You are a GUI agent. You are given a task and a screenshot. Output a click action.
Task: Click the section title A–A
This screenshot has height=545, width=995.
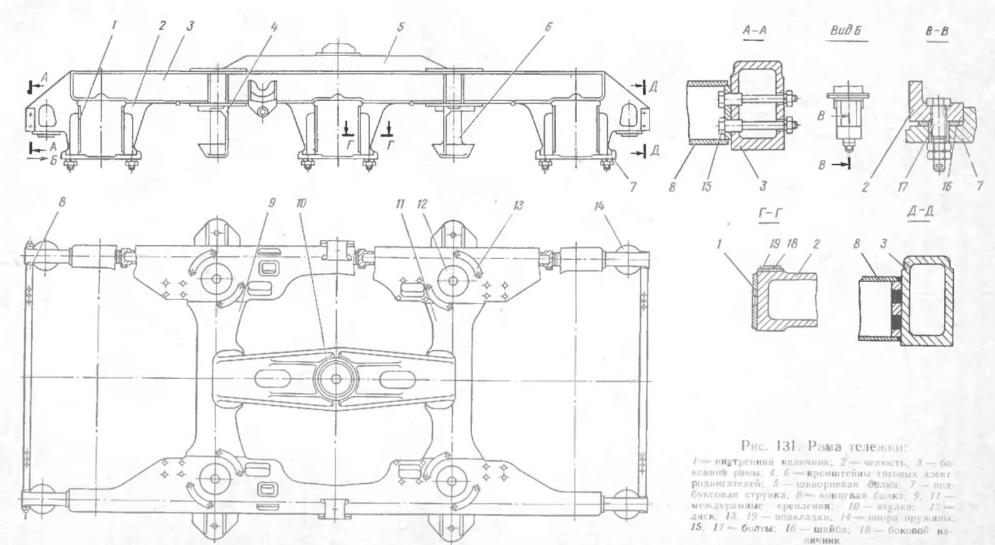point(755,30)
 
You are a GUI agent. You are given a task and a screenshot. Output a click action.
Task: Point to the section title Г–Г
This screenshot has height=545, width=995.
point(771,213)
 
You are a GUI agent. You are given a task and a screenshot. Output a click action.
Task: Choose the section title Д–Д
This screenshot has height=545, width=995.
point(921,213)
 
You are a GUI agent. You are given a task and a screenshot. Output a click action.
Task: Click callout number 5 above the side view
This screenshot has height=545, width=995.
point(400,26)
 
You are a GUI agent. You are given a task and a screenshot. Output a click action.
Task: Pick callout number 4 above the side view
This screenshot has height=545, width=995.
point(274,26)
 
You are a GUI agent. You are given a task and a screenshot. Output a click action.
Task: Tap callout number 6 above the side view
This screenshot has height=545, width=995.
point(548,26)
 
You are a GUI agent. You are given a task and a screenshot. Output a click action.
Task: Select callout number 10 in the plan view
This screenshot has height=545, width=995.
point(301,204)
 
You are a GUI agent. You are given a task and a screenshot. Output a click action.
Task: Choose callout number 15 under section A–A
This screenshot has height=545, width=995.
point(706,186)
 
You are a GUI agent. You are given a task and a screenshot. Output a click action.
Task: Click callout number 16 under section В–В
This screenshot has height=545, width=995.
point(947,186)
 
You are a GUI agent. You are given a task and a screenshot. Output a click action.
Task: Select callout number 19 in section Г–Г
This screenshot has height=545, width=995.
point(775,243)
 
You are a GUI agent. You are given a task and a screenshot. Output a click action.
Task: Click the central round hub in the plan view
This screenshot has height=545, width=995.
point(335,378)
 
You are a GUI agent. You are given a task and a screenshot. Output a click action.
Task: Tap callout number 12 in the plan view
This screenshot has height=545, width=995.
point(422,204)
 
